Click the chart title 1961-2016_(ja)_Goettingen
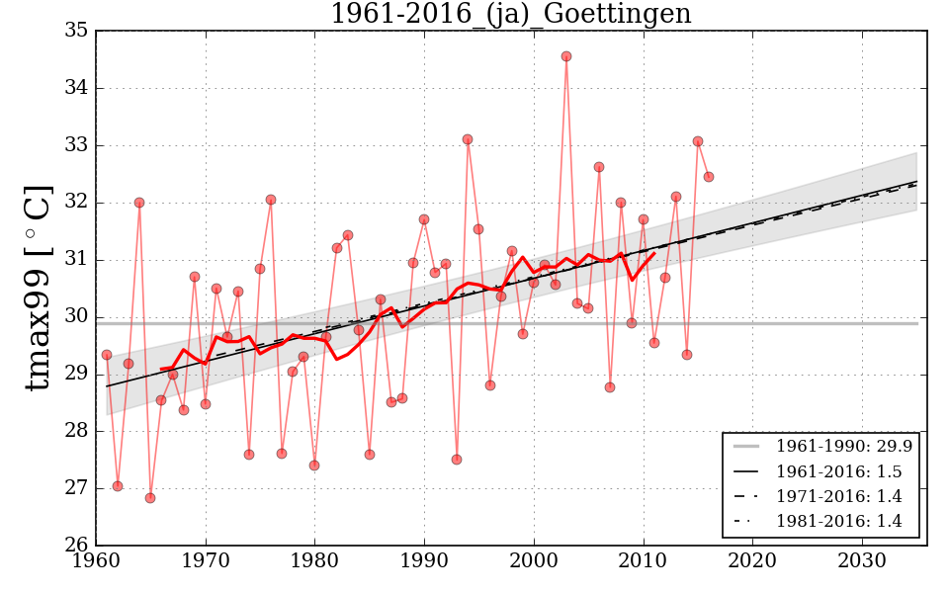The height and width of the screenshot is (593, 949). click(510, 15)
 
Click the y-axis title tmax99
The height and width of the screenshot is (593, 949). click(38, 288)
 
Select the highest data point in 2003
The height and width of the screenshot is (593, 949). click(566, 56)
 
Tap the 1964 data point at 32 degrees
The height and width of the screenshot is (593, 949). click(139, 203)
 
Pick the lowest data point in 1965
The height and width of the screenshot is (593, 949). click(150, 498)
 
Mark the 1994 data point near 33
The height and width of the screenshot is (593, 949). click(468, 139)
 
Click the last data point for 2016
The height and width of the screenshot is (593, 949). click(709, 177)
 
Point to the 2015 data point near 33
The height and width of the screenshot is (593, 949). click(698, 141)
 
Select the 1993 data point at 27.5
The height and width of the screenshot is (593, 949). click(457, 460)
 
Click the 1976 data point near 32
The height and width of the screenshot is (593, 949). click(271, 200)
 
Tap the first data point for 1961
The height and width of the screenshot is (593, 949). click(107, 355)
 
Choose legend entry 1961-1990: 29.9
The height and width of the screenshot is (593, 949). click(843, 447)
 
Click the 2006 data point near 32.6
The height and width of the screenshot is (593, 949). click(599, 167)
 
